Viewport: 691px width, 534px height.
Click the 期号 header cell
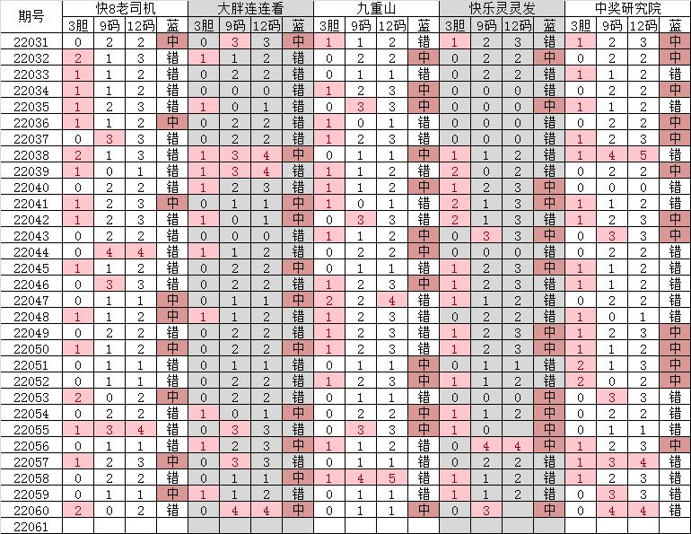(x=31, y=17)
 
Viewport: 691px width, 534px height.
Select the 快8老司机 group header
(x=125, y=9)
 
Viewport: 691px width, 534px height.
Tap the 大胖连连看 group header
(x=250, y=9)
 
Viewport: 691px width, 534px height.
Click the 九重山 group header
(x=376, y=9)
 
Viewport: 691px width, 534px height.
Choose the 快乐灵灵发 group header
(x=502, y=9)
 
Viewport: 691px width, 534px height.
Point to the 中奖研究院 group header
(x=627, y=9)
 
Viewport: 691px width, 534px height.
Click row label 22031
(x=31, y=42)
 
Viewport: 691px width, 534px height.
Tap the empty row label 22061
(x=31, y=527)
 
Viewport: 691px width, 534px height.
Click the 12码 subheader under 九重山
(x=391, y=26)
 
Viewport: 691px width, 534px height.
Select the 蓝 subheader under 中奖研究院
(x=674, y=26)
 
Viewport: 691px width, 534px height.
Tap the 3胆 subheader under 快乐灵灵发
(x=455, y=26)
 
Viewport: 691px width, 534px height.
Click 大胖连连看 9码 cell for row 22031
(x=235, y=42)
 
